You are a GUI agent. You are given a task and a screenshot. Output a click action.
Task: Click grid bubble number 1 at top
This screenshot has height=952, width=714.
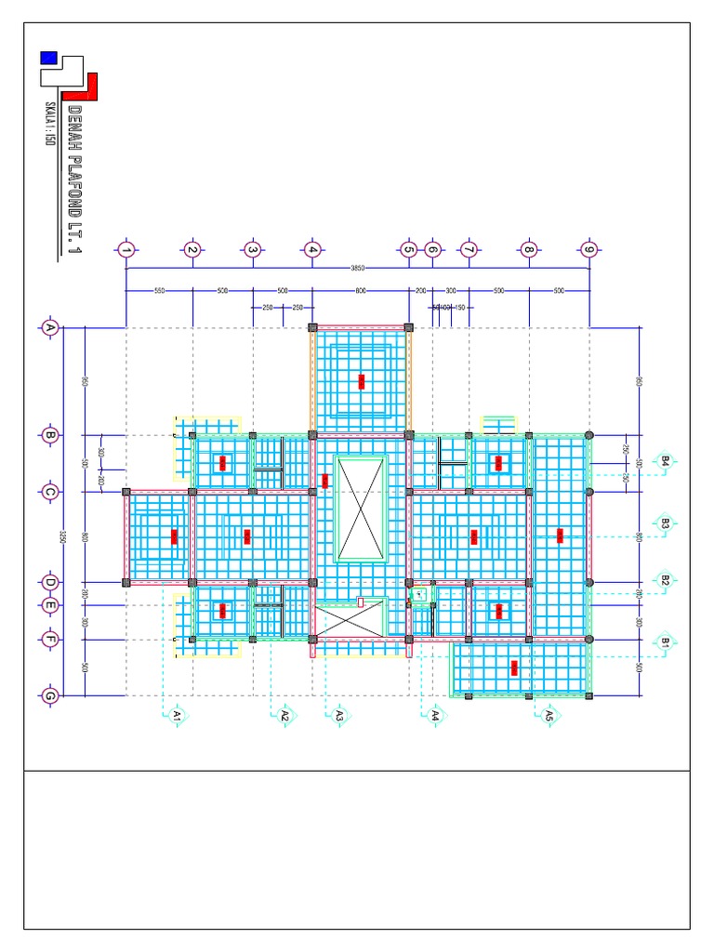pyautogui.click(x=126, y=249)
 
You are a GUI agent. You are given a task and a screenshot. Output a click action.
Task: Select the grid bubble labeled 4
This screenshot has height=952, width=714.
pyautogui.click(x=311, y=249)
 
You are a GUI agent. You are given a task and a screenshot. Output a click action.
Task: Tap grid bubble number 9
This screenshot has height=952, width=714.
pyautogui.click(x=588, y=249)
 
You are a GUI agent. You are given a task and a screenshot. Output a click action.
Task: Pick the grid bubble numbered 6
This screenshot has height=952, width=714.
pyautogui.click(x=431, y=249)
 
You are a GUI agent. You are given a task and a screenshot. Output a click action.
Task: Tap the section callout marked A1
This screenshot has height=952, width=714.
pyautogui.click(x=176, y=714)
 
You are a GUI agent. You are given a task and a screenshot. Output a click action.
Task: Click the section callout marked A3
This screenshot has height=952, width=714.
pyautogui.click(x=338, y=714)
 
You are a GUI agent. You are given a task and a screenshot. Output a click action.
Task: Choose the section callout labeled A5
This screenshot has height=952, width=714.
pyautogui.click(x=549, y=714)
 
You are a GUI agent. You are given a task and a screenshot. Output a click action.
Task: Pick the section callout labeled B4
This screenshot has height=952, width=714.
pyautogui.click(x=665, y=460)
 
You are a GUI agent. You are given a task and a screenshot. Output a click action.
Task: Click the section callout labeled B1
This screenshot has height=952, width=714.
pyautogui.click(x=665, y=641)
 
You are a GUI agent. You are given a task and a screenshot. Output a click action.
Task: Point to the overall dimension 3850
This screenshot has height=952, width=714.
pyautogui.click(x=357, y=268)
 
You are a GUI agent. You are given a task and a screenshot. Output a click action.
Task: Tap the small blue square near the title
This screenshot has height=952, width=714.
pyautogui.click(x=48, y=58)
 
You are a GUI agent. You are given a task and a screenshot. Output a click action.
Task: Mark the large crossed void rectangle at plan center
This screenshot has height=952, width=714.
pyautogui.click(x=361, y=509)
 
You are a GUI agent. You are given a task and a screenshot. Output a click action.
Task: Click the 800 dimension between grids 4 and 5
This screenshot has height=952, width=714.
pyautogui.click(x=361, y=291)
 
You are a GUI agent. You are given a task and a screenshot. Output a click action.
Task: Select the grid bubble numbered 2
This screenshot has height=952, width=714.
pyautogui.click(x=192, y=249)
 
